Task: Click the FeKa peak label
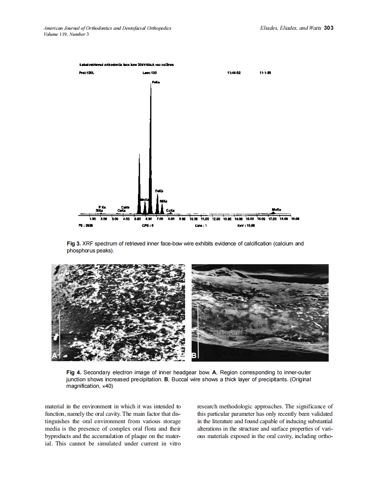[x=155, y=82]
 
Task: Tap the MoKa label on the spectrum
[x=276, y=209]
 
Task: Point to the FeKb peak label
[x=159, y=191]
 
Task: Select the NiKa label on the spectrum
[x=163, y=201]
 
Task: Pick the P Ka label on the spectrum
[x=101, y=207]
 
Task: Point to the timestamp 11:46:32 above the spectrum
[x=234, y=73]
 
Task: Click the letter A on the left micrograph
[x=55, y=356]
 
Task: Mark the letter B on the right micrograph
[x=195, y=356]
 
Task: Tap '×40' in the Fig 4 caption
[x=107, y=386]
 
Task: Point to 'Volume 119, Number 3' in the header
[x=67, y=35]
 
